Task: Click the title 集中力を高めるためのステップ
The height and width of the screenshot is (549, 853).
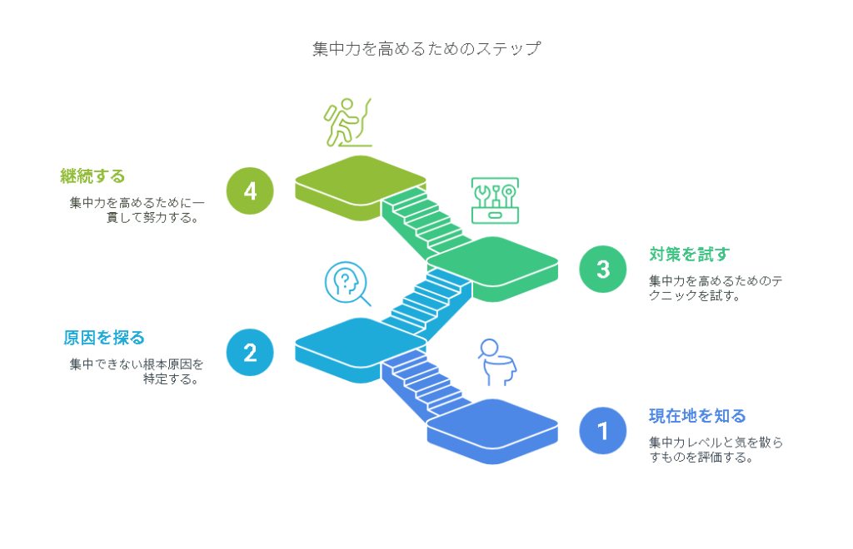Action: (426, 49)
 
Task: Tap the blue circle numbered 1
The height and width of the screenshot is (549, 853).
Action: (603, 431)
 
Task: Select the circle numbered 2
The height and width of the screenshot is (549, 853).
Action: (250, 353)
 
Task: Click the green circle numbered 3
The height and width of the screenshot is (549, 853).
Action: (603, 269)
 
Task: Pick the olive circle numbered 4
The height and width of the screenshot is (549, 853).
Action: (250, 190)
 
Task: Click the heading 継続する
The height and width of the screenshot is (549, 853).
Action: (92, 176)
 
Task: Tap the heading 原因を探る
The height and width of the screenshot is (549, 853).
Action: (104, 338)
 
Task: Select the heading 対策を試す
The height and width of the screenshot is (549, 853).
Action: (689, 255)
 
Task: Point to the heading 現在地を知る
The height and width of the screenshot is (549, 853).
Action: (697, 416)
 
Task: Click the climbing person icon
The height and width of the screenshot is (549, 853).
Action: (347, 123)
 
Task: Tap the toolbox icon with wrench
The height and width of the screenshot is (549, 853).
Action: (495, 200)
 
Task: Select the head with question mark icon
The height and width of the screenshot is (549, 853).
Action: (347, 284)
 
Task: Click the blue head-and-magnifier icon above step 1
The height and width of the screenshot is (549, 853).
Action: (497, 362)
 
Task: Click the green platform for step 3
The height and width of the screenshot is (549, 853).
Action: (493, 269)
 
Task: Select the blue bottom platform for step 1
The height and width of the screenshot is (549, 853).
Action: (493, 431)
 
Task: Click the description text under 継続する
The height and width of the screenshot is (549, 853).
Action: (137, 210)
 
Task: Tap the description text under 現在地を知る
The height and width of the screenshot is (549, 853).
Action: (716, 450)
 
